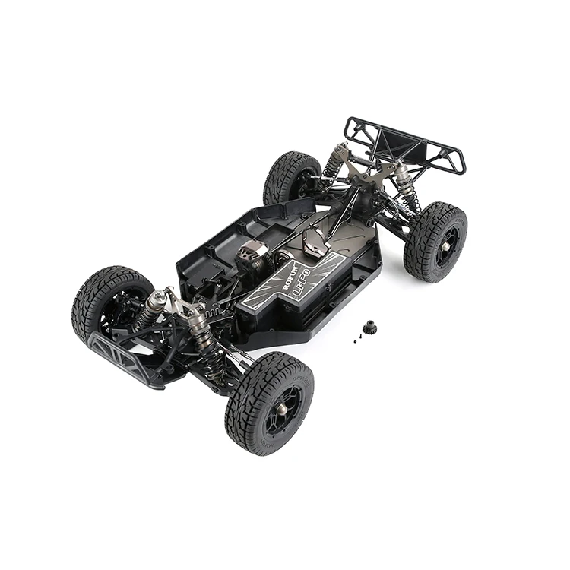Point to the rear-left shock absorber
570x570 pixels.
coord(334,163)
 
